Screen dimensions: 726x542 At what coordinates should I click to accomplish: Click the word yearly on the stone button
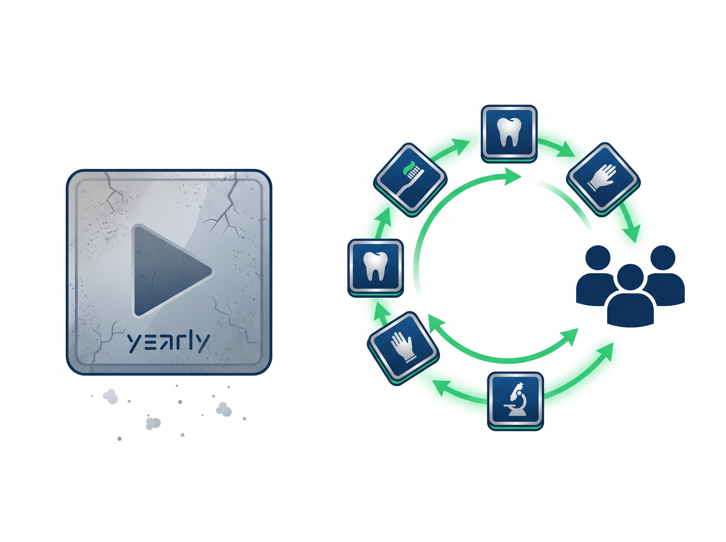168,343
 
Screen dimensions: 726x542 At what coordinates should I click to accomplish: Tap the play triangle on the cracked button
171,271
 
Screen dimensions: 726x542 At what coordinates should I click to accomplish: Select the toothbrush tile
410,180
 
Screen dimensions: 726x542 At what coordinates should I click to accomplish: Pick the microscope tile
515,401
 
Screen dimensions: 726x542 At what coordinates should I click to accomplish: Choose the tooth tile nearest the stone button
375,268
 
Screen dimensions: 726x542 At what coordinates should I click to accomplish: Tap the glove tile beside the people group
603,179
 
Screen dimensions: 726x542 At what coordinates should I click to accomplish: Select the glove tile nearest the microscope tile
403,348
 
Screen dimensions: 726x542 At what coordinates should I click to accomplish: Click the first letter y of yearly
134,344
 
